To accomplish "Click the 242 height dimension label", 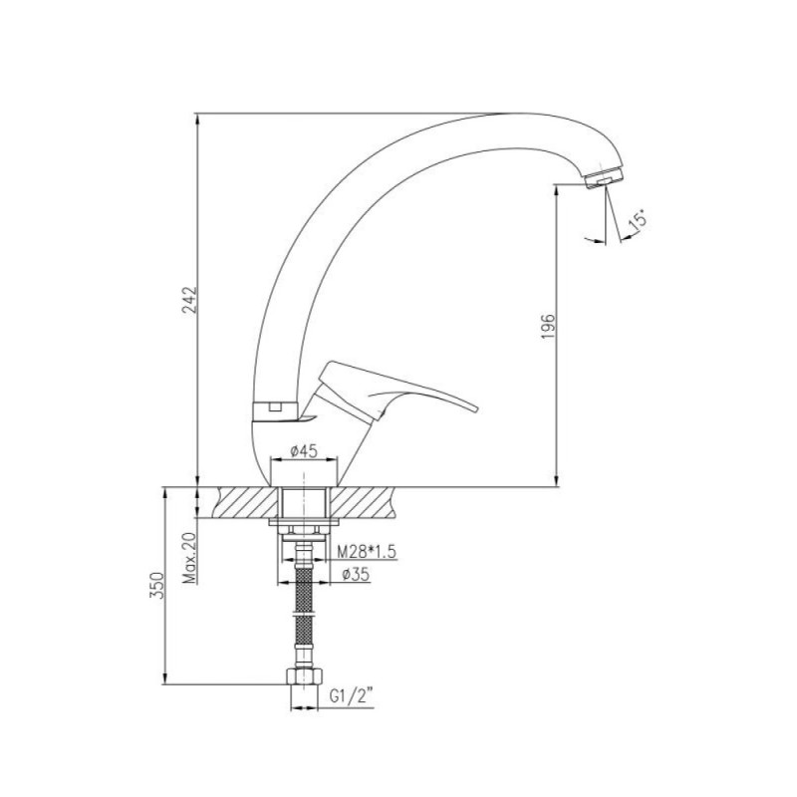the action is [189, 300].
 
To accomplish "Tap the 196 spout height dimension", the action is [548, 327].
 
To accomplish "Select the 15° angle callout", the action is [638, 218].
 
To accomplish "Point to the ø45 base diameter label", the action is [304, 450].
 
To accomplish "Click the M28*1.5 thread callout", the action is [367, 552].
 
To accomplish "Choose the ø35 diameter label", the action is [356, 575].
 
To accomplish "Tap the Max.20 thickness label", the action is [190, 559].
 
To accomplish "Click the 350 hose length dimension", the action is [157, 585].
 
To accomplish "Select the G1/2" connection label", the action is [352, 695].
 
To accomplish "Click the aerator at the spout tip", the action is [605, 178].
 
